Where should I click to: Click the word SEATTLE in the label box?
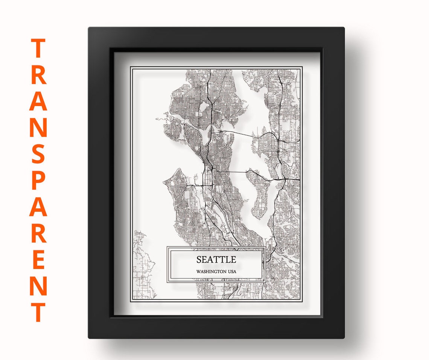pyautogui.click(x=216, y=260)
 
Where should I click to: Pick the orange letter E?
pyautogui.click(x=38, y=260)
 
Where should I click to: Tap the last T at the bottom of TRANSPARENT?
pyautogui.click(x=38, y=312)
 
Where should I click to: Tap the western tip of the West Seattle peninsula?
pyautogui.click(x=164, y=183)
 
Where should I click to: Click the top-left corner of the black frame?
pyautogui.click(x=90, y=29)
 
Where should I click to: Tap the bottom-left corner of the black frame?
pyautogui.click(x=90, y=337)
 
